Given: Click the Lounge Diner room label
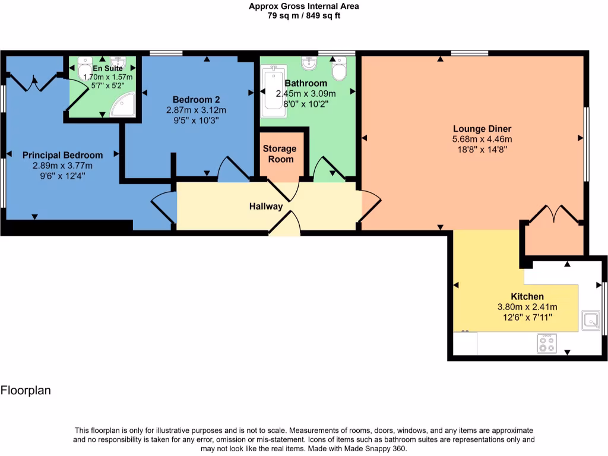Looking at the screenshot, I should (x=482, y=129).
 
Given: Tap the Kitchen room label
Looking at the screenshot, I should (x=527, y=296).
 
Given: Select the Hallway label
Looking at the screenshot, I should (x=265, y=207).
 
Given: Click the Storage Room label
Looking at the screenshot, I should (x=279, y=154).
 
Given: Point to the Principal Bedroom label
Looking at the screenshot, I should (x=62, y=155).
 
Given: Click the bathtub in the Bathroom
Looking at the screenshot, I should (x=274, y=88).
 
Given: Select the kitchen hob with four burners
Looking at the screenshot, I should (x=547, y=344).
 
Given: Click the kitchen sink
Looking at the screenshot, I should (x=591, y=320).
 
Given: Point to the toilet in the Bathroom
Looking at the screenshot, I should (x=340, y=69).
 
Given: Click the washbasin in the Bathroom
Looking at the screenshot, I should (x=308, y=63).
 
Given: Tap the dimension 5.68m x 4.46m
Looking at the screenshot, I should (x=482, y=140).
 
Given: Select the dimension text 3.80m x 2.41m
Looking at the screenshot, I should (x=527, y=307).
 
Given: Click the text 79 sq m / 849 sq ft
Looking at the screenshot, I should (x=303, y=16).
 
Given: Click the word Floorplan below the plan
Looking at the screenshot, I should (x=26, y=391).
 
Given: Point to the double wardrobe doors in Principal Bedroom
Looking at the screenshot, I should (x=33, y=82).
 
